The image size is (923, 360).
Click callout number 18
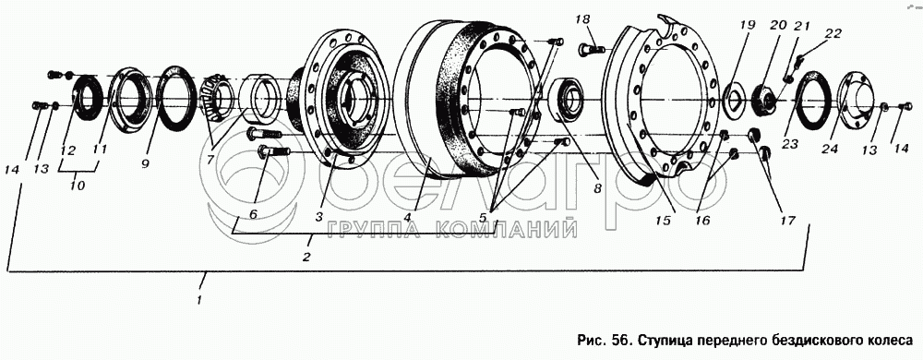click(x=582, y=20)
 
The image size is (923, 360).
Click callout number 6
click(x=253, y=214)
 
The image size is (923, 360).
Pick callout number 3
click(x=318, y=217)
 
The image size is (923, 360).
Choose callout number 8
click(x=597, y=189)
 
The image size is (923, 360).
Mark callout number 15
click(x=664, y=221)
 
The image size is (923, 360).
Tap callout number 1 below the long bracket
click(x=199, y=300)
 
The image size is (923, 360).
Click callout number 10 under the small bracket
click(x=78, y=186)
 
